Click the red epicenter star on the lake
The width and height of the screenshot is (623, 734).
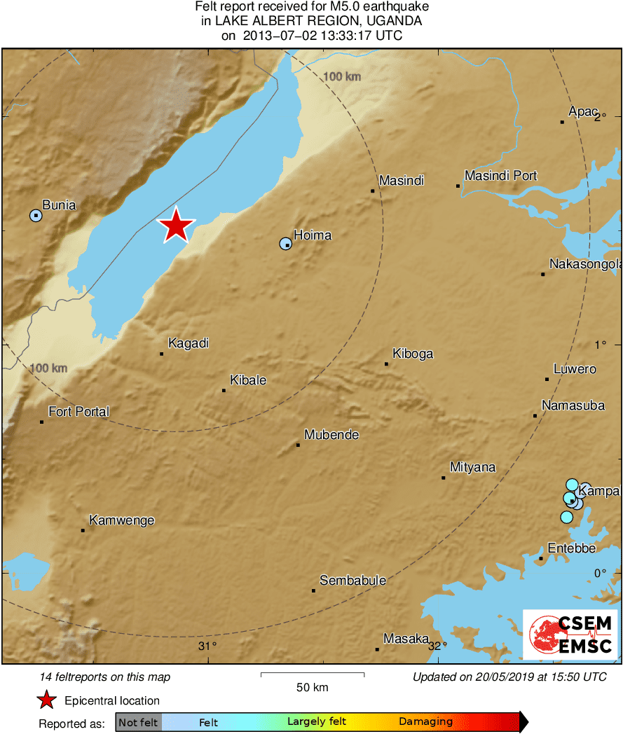click(176, 226)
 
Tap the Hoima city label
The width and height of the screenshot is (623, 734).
click(313, 235)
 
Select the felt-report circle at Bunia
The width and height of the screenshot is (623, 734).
click(36, 215)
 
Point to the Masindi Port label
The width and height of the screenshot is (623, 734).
click(501, 176)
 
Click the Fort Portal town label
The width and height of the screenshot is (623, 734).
click(78, 412)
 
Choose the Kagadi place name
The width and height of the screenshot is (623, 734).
click(189, 344)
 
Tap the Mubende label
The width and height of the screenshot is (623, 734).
click(331, 435)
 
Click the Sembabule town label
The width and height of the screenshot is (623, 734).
click(352, 581)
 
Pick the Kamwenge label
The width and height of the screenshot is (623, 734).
click(122, 520)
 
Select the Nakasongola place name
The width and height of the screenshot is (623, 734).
click(585, 265)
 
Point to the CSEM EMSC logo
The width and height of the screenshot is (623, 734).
click(570, 635)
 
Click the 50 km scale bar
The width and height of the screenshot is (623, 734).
click(313, 675)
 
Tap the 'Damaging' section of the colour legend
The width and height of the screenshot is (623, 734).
click(426, 722)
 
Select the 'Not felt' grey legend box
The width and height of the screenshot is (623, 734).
click(138, 722)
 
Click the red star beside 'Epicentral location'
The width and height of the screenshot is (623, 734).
click(46, 700)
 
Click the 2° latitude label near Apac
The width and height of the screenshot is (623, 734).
click(600, 117)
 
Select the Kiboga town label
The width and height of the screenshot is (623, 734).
click(413, 354)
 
